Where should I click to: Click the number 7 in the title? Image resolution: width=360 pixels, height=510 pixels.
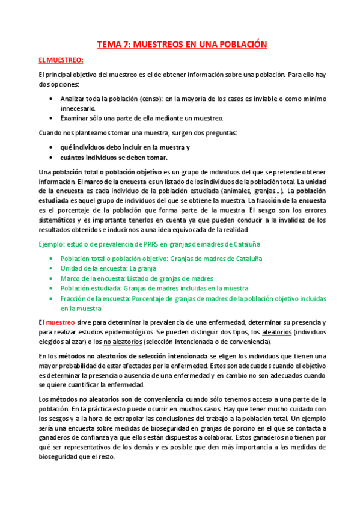126,44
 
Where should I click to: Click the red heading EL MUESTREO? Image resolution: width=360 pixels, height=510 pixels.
60,60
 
